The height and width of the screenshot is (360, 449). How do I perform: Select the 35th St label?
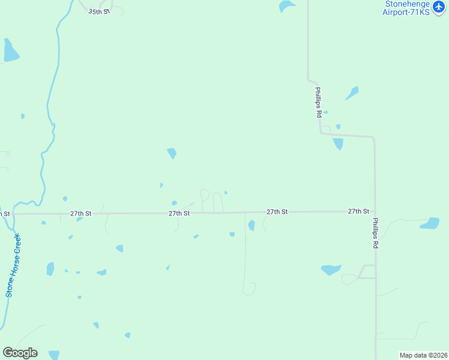(x=99, y=11)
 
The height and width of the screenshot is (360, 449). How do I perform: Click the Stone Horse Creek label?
(x=13, y=265)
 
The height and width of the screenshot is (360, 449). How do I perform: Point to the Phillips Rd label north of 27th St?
(x=319, y=102)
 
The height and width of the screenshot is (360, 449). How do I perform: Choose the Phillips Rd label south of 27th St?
(x=375, y=233)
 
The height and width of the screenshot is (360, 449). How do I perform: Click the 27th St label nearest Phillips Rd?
(x=358, y=211)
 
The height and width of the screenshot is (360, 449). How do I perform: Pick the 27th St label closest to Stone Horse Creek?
(x=80, y=213)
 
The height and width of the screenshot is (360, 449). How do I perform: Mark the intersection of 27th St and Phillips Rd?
(x=375, y=211)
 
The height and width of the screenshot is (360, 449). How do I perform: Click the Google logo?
(x=20, y=353)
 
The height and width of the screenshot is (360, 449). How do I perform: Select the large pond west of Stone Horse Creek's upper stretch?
(x=10, y=52)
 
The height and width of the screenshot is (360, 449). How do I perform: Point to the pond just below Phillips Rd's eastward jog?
(x=338, y=144)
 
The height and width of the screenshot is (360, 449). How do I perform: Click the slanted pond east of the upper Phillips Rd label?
(x=352, y=93)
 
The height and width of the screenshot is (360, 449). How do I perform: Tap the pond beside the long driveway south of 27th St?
(x=252, y=226)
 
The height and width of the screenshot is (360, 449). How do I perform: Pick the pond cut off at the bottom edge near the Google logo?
(x=54, y=355)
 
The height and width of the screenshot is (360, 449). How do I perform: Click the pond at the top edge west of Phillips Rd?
(x=286, y=6)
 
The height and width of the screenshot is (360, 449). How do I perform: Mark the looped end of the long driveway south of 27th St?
(x=249, y=289)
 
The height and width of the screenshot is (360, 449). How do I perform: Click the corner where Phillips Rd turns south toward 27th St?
(x=373, y=138)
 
